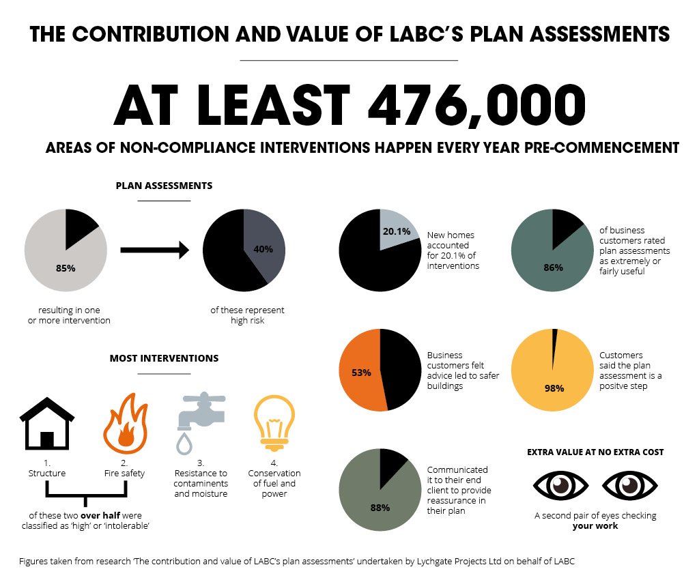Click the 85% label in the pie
pos(66,267)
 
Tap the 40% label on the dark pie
pos(263,248)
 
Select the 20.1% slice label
pos(397,231)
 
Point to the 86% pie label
pos(554,267)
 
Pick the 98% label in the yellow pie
pos(554,388)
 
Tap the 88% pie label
pos(380,507)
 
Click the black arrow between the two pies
pos(154,250)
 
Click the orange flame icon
pos(124,423)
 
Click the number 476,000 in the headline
pos(476,106)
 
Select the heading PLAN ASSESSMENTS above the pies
pos(164,186)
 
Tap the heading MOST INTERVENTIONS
pos(164,358)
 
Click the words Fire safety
pos(124,474)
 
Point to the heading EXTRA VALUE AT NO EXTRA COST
pos(595,452)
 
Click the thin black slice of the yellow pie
pos(555,339)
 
